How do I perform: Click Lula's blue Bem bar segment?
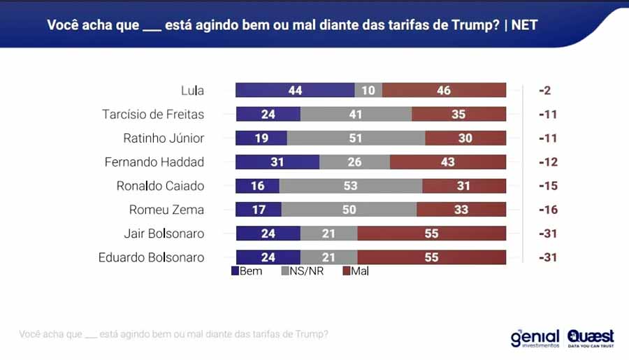click(295, 90)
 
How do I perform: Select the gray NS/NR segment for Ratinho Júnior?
click(356, 138)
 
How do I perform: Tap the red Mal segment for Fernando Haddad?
click(447, 162)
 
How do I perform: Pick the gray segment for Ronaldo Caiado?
click(351, 186)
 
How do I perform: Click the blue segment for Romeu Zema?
click(259, 210)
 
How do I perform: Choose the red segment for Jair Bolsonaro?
click(431, 233)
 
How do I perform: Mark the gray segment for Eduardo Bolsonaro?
click(328, 257)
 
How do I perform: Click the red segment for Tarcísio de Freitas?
click(458, 114)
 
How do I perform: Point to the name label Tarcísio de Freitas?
click(153, 114)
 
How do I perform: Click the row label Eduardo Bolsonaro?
click(152, 257)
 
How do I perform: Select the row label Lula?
click(192, 90)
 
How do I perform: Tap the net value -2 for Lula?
click(545, 90)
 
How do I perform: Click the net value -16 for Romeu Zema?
click(547, 210)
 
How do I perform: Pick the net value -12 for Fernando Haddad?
click(547, 162)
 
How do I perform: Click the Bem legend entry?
click(246, 271)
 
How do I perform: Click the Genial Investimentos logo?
click(535, 338)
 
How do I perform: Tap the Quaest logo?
click(591, 338)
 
